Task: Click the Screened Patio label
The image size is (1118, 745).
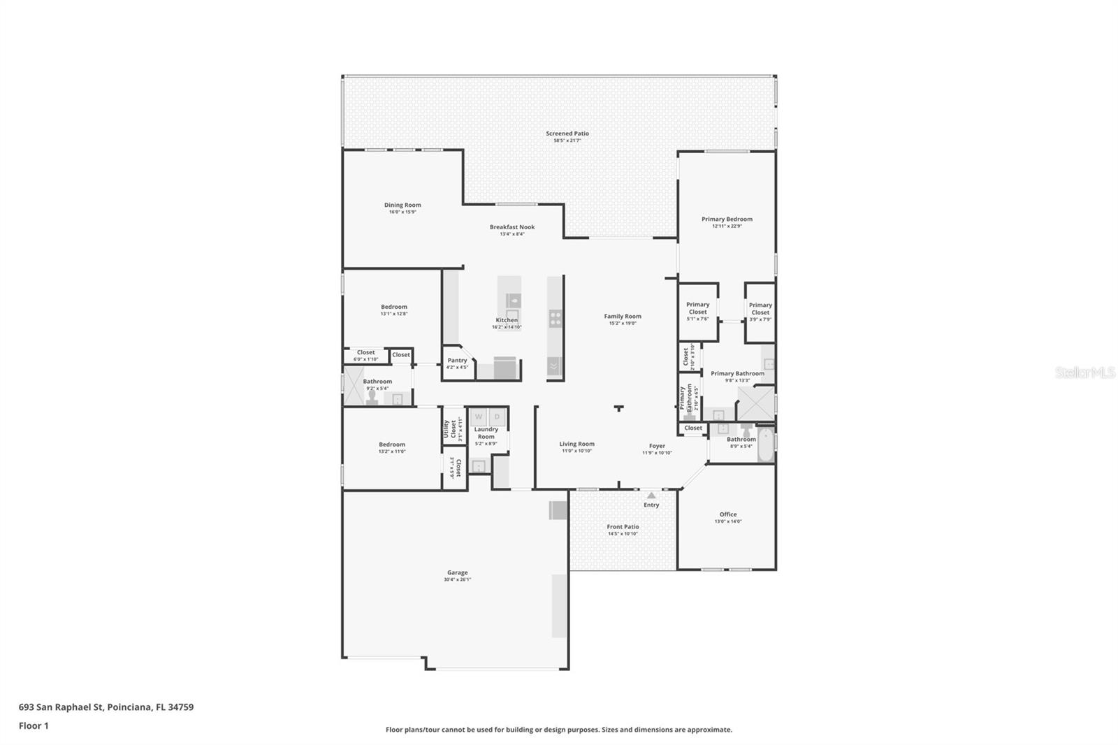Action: coord(567,133)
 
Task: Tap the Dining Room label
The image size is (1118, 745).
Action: coord(402,205)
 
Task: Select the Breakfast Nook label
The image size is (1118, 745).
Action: coord(512,227)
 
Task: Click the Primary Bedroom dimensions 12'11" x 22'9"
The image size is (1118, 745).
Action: coord(727,226)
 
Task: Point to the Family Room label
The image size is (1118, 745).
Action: coord(623,317)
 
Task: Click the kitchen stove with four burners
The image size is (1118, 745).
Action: coord(556,319)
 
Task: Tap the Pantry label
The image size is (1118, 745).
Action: coord(457,361)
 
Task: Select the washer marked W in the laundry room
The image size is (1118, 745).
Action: coord(479,417)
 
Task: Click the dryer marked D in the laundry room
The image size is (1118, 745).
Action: coord(497,417)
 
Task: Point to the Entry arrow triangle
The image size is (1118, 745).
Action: coord(651,496)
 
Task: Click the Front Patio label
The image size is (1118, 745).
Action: coord(623,527)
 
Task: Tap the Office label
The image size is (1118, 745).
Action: coord(728,514)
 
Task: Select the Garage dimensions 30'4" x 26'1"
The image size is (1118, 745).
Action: coord(458,579)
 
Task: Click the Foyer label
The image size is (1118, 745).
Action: coord(657,446)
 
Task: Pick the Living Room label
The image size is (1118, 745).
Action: coord(576,444)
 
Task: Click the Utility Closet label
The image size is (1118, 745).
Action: coord(449,426)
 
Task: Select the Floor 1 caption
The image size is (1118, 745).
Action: coord(34,726)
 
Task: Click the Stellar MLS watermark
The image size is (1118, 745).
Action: coord(1084,373)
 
